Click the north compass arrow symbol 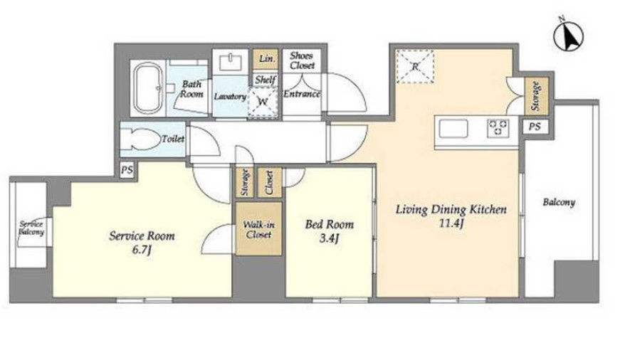(x=569, y=36)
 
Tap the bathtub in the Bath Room (x=148, y=88)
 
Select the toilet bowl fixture (x=140, y=139)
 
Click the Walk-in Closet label (x=259, y=230)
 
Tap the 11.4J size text (x=451, y=223)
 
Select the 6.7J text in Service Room (x=142, y=250)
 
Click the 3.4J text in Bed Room (x=329, y=238)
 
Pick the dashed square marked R (x=415, y=66)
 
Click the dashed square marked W (x=263, y=102)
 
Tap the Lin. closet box (x=266, y=59)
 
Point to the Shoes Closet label (x=302, y=60)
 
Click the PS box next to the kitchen (x=535, y=127)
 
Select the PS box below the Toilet (x=127, y=170)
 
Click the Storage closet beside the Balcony (x=536, y=96)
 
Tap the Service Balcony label (x=31, y=228)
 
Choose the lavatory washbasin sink (x=231, y=62)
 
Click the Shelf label (x=266, y=80)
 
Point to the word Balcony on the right (x=559, y=203)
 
